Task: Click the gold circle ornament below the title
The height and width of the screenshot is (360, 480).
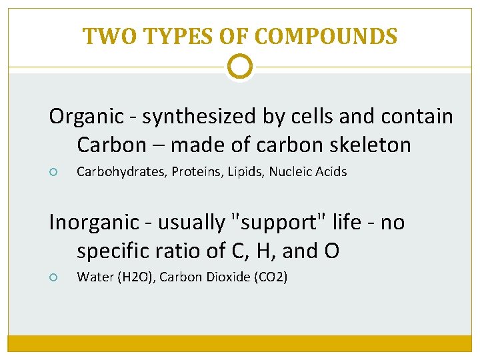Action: coord(240,67)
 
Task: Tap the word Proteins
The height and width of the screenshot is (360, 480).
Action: coord(196,172)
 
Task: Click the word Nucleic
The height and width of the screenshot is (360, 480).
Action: coord(292,172)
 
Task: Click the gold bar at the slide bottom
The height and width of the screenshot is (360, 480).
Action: coord(240,343)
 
